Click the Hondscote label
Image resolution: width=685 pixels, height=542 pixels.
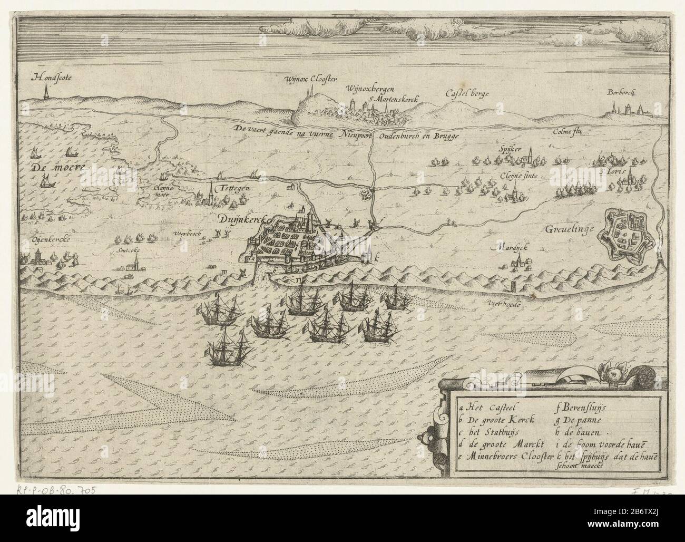(51, 78)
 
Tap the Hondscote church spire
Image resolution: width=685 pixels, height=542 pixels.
(46, 93)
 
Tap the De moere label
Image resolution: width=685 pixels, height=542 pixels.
(51, 168)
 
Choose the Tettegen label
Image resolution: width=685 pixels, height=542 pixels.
(234, 188)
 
